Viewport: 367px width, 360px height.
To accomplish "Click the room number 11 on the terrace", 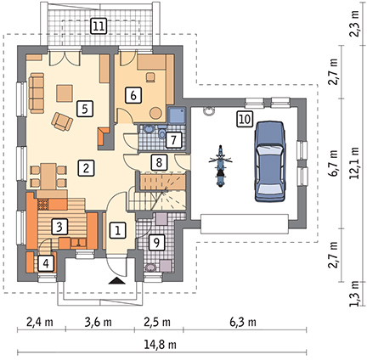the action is tap(99, 26).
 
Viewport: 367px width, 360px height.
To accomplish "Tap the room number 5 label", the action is tap(85, 109).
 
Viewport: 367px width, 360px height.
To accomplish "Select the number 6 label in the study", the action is tap(133, 95).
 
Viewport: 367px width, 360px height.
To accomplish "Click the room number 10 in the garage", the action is tap(245, 119).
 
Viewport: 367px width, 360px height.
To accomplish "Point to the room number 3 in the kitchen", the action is tap(59, 226).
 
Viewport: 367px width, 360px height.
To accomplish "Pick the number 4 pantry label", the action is tap(46, 263).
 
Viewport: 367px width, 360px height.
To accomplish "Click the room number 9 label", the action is tap(156, 242).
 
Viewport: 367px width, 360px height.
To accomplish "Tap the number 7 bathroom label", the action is tap(174, 140).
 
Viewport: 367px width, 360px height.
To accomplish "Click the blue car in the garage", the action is tap(269, 161).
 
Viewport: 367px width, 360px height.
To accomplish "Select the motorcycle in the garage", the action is tap(220, 166).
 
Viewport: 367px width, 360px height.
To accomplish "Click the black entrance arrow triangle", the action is tap(117, 280).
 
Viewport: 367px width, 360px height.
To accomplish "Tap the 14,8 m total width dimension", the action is tap(161, 345).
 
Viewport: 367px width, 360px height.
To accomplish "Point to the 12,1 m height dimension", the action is tap(355, 163).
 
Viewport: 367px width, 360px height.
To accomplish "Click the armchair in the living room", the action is tap(62, 121).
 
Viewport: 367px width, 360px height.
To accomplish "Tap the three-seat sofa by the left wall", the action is tap(37, 93).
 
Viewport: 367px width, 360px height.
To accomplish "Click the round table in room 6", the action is tap(155, 113).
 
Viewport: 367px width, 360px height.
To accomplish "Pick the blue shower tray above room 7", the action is tap(177, 115).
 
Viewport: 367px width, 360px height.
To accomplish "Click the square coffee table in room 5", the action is tap(65, 93).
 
